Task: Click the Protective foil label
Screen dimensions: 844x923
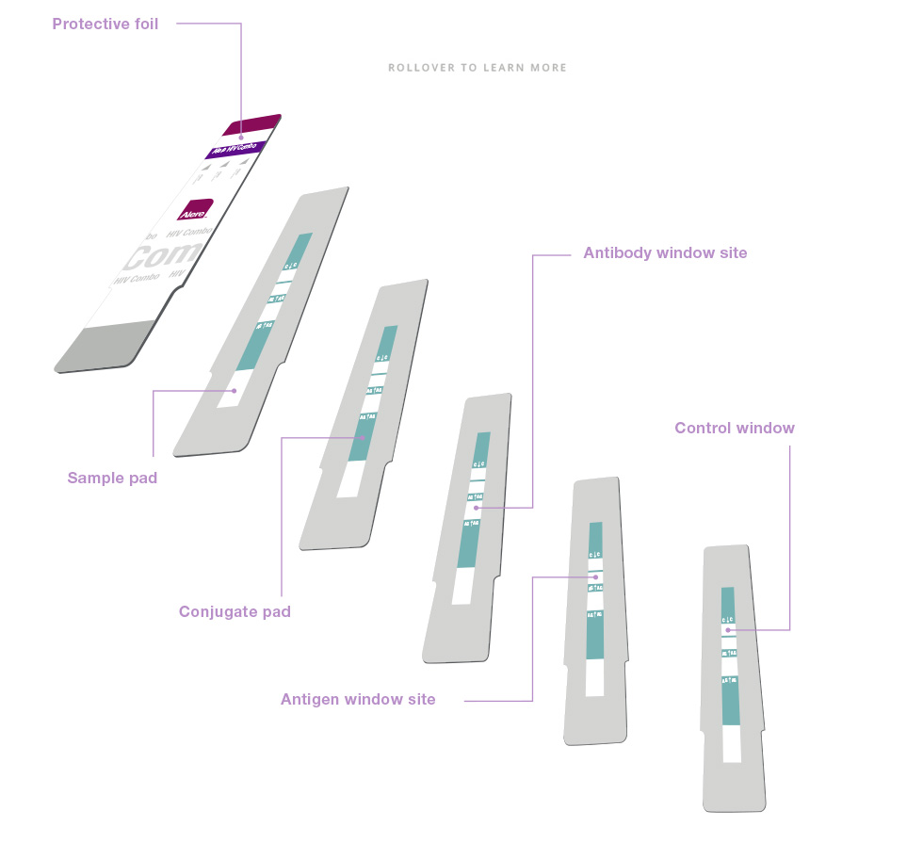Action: click(105, 24)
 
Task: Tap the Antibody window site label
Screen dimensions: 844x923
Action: click(665, 252)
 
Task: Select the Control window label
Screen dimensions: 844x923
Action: click(735, 428)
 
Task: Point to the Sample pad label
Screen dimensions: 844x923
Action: click(112, 478)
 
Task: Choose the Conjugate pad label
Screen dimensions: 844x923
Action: click(235, 611)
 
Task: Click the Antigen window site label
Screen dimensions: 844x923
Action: click(358, 699)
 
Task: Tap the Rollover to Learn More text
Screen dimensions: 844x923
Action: click(478, 68)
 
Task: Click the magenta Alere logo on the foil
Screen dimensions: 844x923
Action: click(195, 210)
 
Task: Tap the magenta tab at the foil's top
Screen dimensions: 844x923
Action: click(252, 124)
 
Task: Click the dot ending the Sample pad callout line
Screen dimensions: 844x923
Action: click(234, 389)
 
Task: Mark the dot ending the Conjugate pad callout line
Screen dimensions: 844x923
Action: click(363, 437)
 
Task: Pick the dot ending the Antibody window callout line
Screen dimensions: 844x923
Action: click(478, 508)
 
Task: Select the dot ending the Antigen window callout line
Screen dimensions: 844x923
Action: click(593, 576)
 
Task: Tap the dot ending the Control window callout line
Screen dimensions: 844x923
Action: click(728, 628)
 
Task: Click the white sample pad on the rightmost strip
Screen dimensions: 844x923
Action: click(731, 743)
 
